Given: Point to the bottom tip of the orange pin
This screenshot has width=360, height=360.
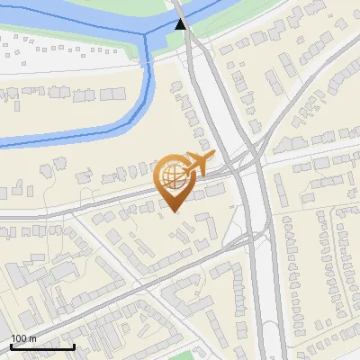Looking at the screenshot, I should coord(174,213).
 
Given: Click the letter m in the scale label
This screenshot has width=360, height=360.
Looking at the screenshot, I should coord(33,338).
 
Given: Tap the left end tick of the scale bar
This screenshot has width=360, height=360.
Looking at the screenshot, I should coord(10,346).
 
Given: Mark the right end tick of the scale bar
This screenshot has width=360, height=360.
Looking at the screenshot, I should coord(75,346).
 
